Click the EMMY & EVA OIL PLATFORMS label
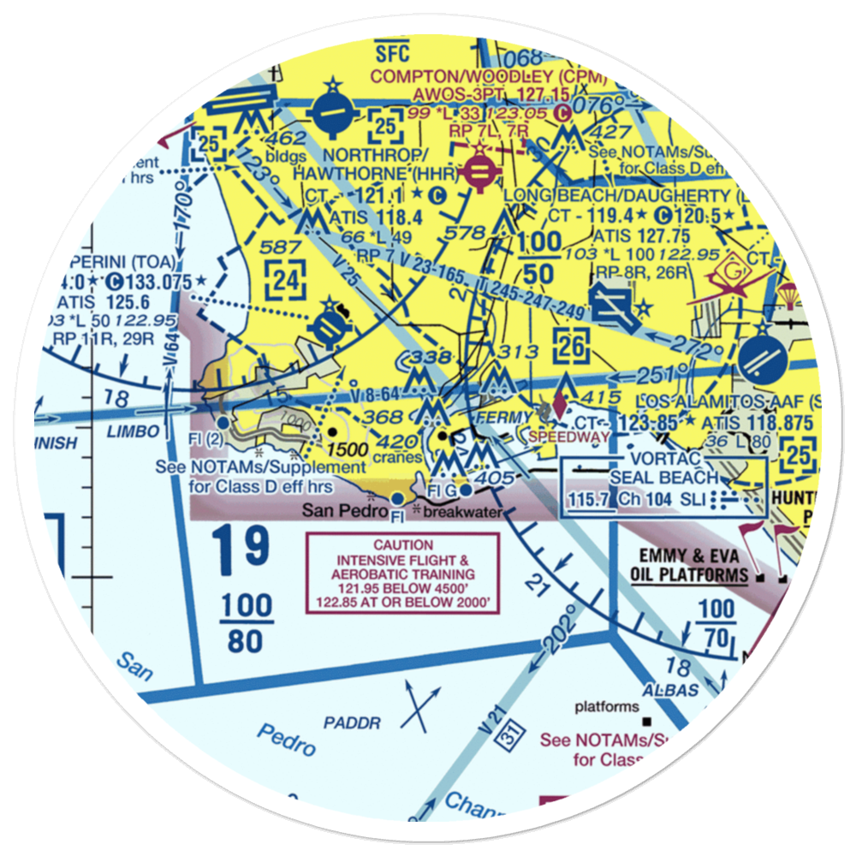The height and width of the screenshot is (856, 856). tap(689, 566)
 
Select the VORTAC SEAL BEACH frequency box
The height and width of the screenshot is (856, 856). tap(663, 485)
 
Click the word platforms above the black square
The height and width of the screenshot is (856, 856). tap(607, 707)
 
